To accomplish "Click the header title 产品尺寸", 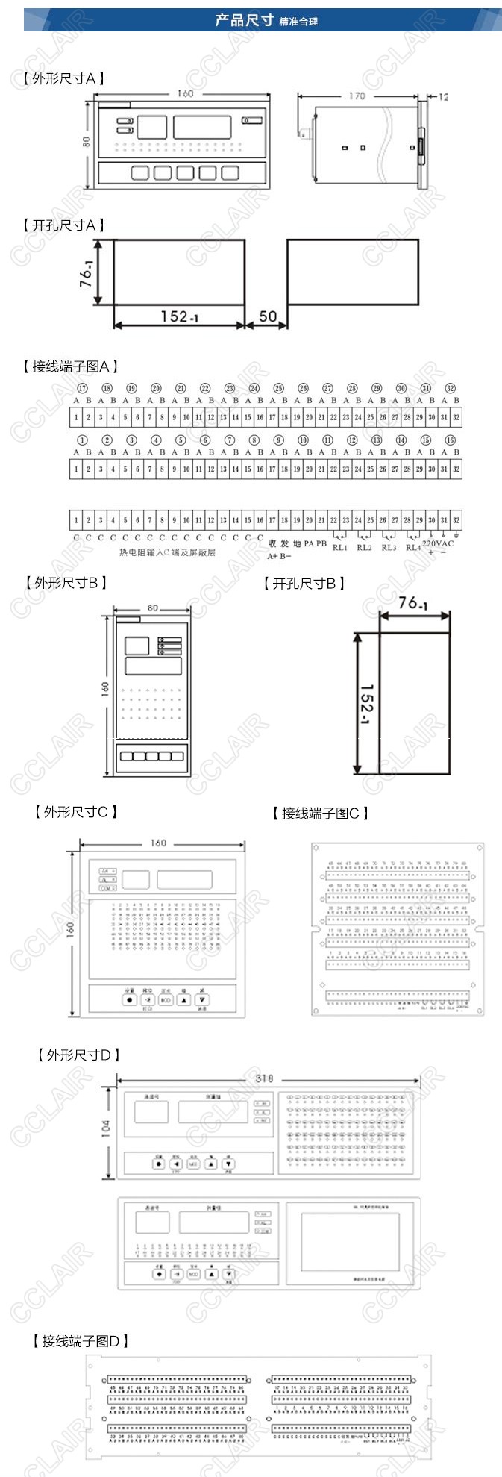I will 244,20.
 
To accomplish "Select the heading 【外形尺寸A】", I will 63,78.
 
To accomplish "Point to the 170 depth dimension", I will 357,96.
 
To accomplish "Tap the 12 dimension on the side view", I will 443,97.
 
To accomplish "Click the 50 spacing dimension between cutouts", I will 267,316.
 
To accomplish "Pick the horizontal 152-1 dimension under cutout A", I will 178,316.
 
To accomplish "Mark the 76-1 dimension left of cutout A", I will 87,273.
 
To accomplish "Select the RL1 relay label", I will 340,547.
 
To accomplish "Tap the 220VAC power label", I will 437,543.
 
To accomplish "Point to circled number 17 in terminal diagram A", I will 83,388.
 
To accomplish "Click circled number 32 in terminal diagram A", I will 450,388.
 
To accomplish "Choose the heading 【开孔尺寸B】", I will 304,584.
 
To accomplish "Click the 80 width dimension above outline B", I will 152,608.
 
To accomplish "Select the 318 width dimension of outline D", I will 264,1078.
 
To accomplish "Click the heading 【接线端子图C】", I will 320,814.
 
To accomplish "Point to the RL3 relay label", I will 389,547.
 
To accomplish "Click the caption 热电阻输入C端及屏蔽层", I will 167,552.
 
